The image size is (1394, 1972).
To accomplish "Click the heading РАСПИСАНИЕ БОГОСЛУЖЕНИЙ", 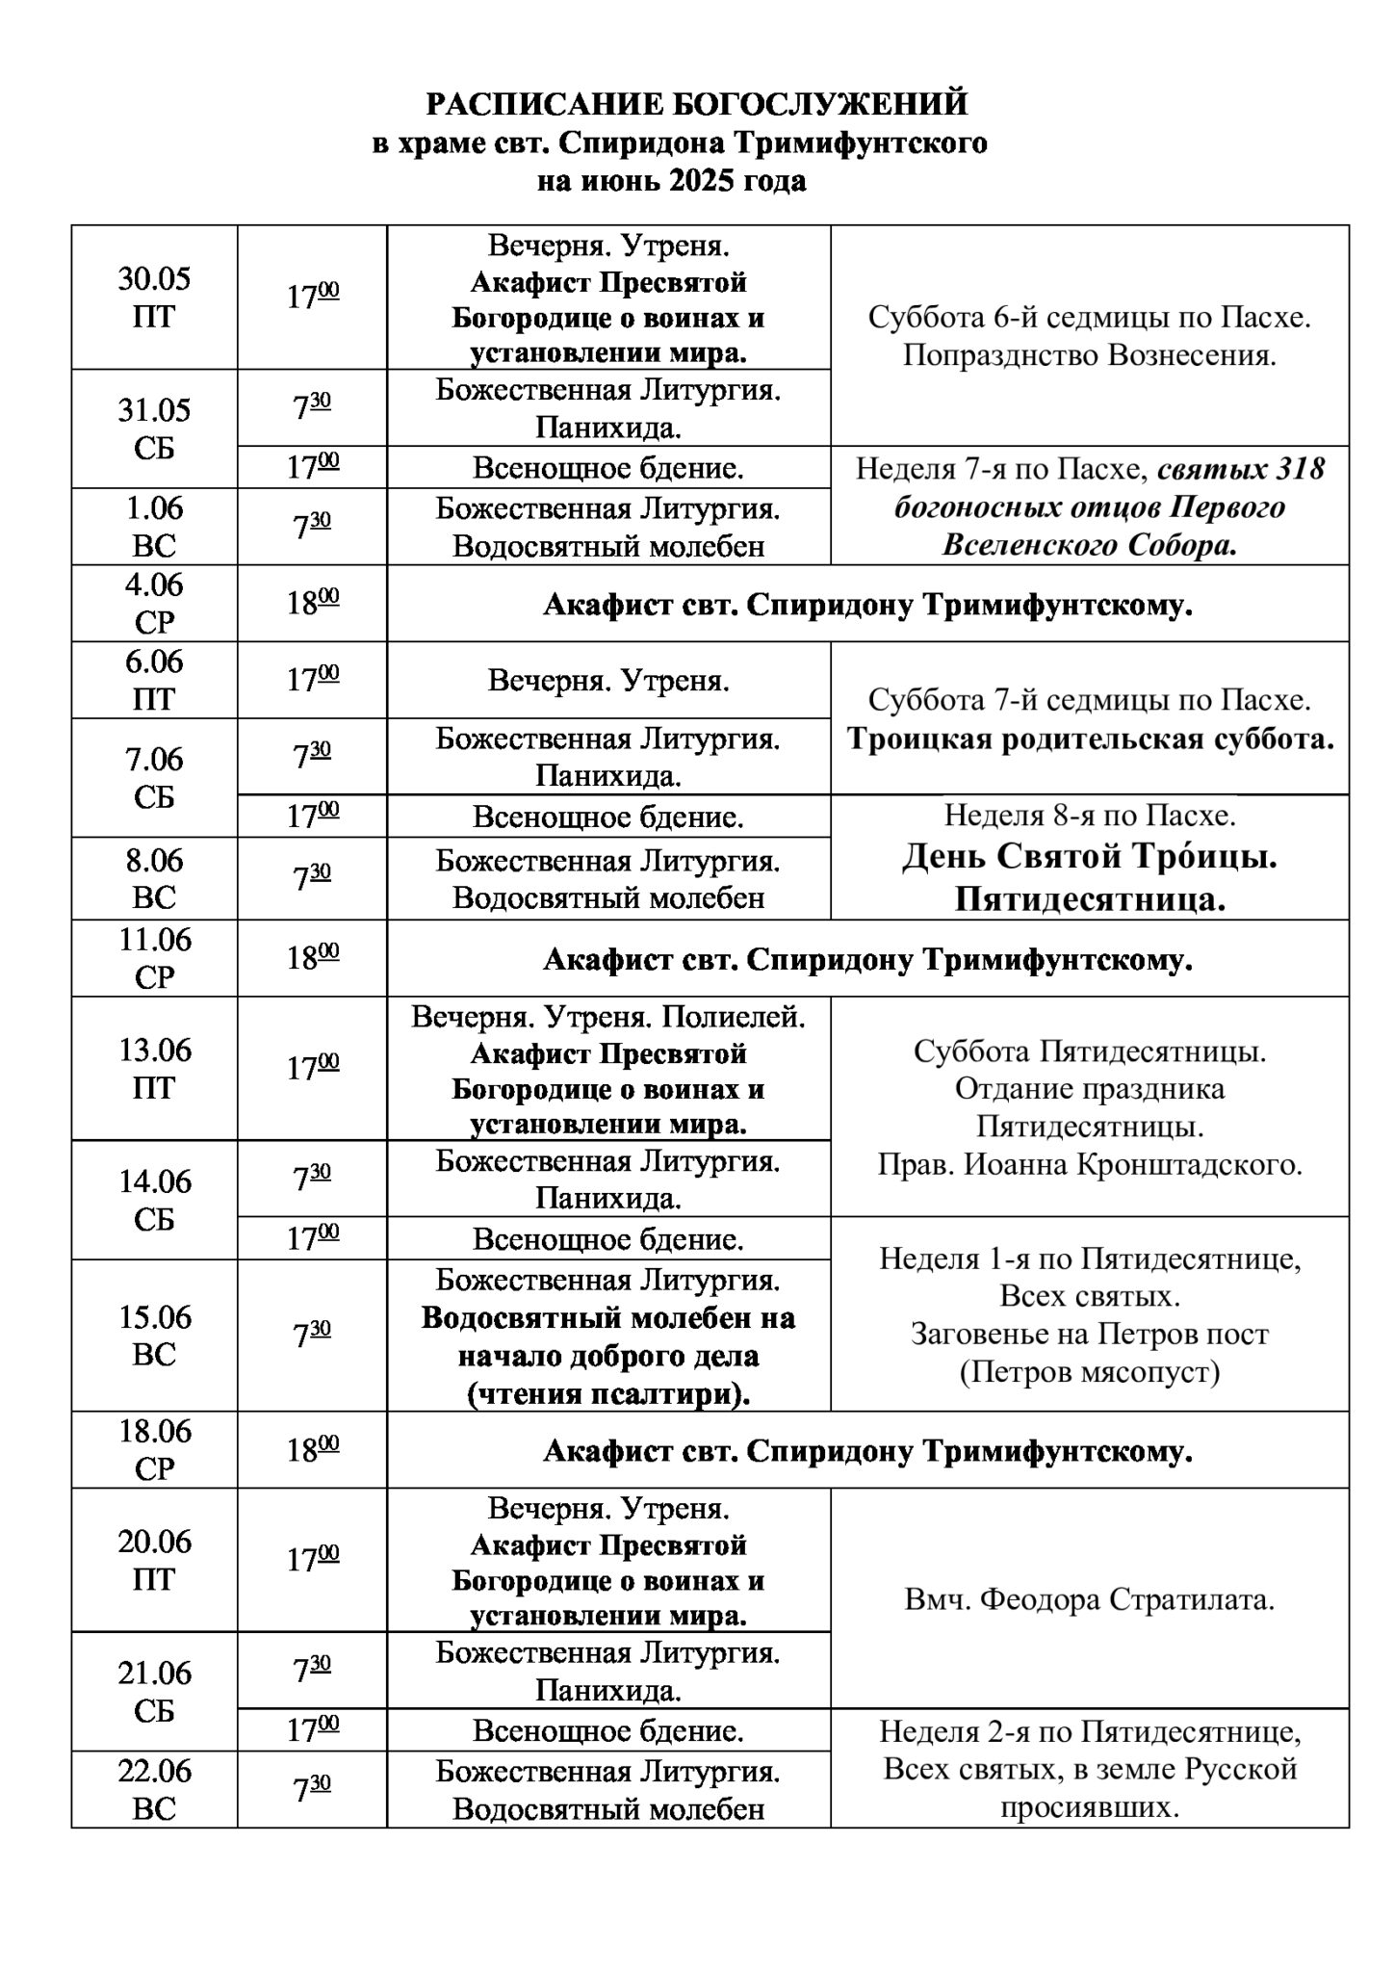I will pyautogui.click(x=697, y=104).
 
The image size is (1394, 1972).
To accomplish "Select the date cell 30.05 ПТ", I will pyautogui.click(x=154, y=298).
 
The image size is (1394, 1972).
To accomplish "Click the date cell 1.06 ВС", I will pyautogui.click(x=154, y=526).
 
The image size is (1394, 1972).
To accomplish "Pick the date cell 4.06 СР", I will pyautogui.click(x=154, y=603).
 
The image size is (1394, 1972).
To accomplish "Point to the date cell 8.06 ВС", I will pyautogui.click(x=154, y=878).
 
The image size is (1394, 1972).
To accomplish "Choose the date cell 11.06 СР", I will pyautogui.click(x=154, y=957).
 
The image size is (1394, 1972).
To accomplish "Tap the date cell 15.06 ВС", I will pyautogui.click(x=154, y=1335).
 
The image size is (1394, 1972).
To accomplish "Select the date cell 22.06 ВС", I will pyautogui.click(x=154, y=1789).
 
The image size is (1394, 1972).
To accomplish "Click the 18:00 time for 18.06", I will pyautogui.click(x=312, y=1450).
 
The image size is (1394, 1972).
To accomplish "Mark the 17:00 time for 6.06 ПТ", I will pyautogui.click(x=312, y=680).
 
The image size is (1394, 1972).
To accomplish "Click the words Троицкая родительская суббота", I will pyautogui.click(x=1090, y=739).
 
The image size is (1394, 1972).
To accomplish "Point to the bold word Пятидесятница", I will pyautogui.click(x=1090, y=899).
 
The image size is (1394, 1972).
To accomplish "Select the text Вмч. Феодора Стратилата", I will pyautogui.click(x=1090, y=1600).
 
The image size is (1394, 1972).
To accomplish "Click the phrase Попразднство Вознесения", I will pyautogui.click(x=1090, y=356).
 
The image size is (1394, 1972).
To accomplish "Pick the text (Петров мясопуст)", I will pyautogui.click(x=1090, y=1371).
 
